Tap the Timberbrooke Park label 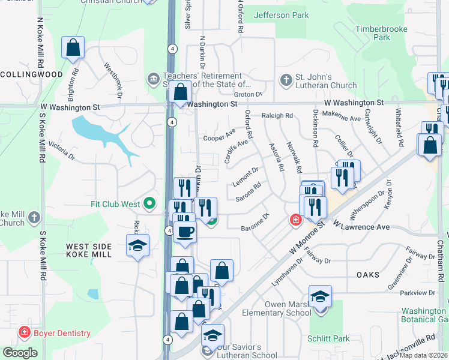381,33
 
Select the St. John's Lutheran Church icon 286,79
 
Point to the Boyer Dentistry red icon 25,332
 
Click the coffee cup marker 185,231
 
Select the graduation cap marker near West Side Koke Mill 137,245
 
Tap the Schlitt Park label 330,338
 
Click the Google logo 20,353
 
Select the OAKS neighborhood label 367,274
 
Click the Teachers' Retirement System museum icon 152,79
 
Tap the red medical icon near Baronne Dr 295,220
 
